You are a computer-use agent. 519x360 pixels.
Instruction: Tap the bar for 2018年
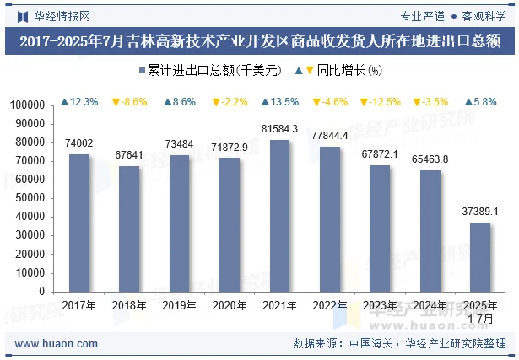click(x=129, y=228)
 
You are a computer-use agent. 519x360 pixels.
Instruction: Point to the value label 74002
click(x=78, y=143)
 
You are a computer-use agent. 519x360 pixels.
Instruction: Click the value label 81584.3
click(x=279, y=129)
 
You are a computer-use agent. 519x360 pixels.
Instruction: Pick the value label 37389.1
click(x=480, y=212)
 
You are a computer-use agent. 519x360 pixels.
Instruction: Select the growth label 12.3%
click(x=79, y=102)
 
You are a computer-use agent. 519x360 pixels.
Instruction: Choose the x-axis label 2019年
click(x=179, y=305)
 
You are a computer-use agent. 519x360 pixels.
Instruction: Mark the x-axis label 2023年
click(x=380, y=305)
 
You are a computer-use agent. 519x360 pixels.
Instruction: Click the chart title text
click(x=259, y=40)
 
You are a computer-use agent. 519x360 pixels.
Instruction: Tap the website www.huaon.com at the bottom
click(x=57, y=344)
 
